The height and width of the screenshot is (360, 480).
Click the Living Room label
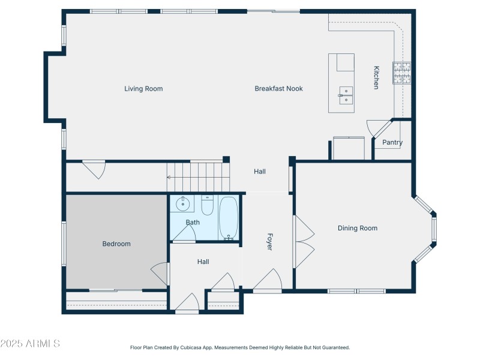pos(143,89)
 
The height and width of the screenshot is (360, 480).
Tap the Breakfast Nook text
pos(278,89)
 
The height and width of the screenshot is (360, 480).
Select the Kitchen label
pos(376,77)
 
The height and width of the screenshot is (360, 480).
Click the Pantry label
pos(392,143)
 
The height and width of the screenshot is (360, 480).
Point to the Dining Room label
pos(358,228)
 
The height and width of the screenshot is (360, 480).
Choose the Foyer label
pos(269,241)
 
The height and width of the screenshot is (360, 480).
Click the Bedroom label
pos(116,244)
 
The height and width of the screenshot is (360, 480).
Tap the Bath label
pos(193,223)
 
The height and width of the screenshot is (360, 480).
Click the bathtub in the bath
pos(228,218)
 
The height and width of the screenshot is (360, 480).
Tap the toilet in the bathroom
pos(207,206)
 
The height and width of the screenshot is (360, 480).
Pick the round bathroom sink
pos(181,205)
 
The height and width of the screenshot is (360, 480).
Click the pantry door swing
pos(378,128)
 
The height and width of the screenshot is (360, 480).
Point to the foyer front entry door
pos(268,281)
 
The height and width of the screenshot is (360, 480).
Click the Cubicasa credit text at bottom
pos(240,347)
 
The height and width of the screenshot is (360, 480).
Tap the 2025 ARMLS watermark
pos(30,344)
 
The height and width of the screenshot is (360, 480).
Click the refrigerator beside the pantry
pos(349,148)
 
